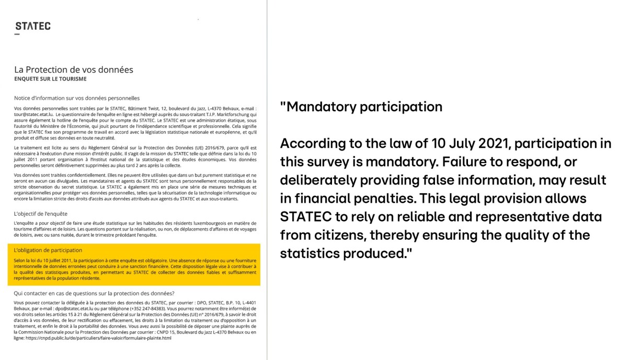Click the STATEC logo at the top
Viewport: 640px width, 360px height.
tap(32, 26)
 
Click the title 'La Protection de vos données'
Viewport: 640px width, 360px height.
tap(74, 69)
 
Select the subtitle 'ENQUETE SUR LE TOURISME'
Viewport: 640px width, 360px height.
tap(50, 79)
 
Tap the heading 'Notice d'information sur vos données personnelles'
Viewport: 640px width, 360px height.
tap(77, 98)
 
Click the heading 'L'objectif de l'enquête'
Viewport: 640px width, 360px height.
tap(41, 214)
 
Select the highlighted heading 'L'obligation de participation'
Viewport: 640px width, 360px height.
tap(48, 250)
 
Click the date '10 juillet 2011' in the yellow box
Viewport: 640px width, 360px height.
tap(55, 260)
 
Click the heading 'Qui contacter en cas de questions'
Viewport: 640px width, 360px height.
tap(94, 293)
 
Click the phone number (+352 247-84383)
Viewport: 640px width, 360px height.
tap(148, 309)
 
